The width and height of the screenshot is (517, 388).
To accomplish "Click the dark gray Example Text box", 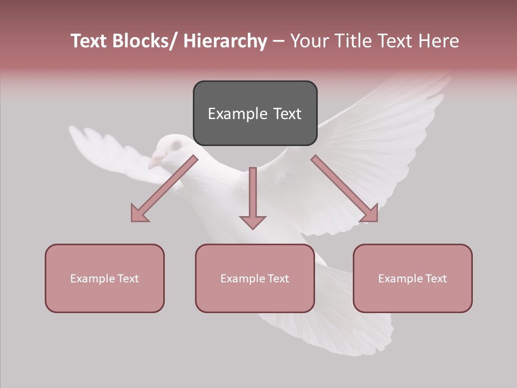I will pos(255,113).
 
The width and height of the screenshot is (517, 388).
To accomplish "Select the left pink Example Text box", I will pos(104,278).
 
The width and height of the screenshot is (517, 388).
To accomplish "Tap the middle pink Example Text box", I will pos(255,278).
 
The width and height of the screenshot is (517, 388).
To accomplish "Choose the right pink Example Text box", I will pos(413,278).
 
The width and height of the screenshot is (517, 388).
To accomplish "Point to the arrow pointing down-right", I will pos(345,189).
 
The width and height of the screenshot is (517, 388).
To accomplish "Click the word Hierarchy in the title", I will pos(225,41).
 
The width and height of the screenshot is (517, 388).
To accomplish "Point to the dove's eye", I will pos(176,145).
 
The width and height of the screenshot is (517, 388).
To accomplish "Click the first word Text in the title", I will pos(89,41).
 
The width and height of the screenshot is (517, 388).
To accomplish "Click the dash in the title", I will pos(278,41).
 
